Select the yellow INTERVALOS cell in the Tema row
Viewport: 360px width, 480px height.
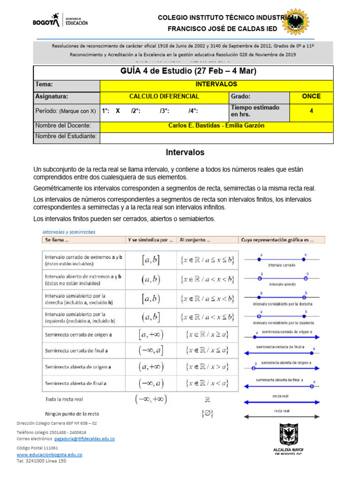[x=216, y=85]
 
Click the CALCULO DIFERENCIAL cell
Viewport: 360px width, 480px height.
[x=164, y=97]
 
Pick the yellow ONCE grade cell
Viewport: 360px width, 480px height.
[x=311, y=97]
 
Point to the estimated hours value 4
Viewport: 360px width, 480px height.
[x=311, y=111]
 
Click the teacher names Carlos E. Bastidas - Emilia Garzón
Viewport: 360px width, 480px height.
[x=216, y=126]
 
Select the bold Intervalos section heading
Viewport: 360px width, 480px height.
[x=185, y=152]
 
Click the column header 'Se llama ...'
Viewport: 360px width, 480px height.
[x=57, y=240]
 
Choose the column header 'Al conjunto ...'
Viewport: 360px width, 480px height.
[x=195, y=240]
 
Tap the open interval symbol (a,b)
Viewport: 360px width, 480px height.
[x=150, y=280]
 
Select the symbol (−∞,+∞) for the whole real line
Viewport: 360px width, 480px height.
[x=151, y=399]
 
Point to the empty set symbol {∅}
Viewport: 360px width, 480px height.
[x=207, y=414]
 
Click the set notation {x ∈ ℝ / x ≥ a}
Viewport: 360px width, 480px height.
[x=207, y=335]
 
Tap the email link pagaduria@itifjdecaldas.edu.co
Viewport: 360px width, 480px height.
[x=84, y=439]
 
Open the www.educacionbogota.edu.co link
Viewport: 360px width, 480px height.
[x=50, y=454]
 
